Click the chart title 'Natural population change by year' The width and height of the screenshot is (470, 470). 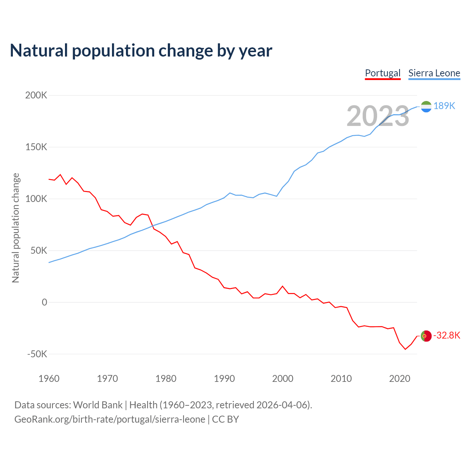141,51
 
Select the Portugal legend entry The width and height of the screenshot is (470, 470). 383,73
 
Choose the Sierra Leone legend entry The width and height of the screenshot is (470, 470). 434,73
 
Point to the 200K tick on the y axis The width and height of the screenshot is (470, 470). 36,95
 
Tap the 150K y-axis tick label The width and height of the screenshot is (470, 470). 36,147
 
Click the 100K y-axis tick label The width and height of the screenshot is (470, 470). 36,199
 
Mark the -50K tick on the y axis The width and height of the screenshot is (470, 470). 37,354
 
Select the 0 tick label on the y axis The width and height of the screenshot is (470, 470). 44,302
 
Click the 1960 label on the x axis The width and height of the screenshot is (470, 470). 49,379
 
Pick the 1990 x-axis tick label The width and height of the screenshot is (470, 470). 224,379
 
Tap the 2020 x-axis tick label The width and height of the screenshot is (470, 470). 399,379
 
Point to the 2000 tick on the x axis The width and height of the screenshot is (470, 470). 283,379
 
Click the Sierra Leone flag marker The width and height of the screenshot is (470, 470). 426,106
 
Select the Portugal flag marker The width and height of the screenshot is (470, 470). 426,336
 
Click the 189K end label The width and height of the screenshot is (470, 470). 444,106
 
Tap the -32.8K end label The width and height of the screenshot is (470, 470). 446,336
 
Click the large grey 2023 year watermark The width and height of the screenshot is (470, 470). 378,116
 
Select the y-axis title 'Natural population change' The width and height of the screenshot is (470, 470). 16,228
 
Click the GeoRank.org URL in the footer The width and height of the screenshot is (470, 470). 110,419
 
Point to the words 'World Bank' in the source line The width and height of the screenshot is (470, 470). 98,405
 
